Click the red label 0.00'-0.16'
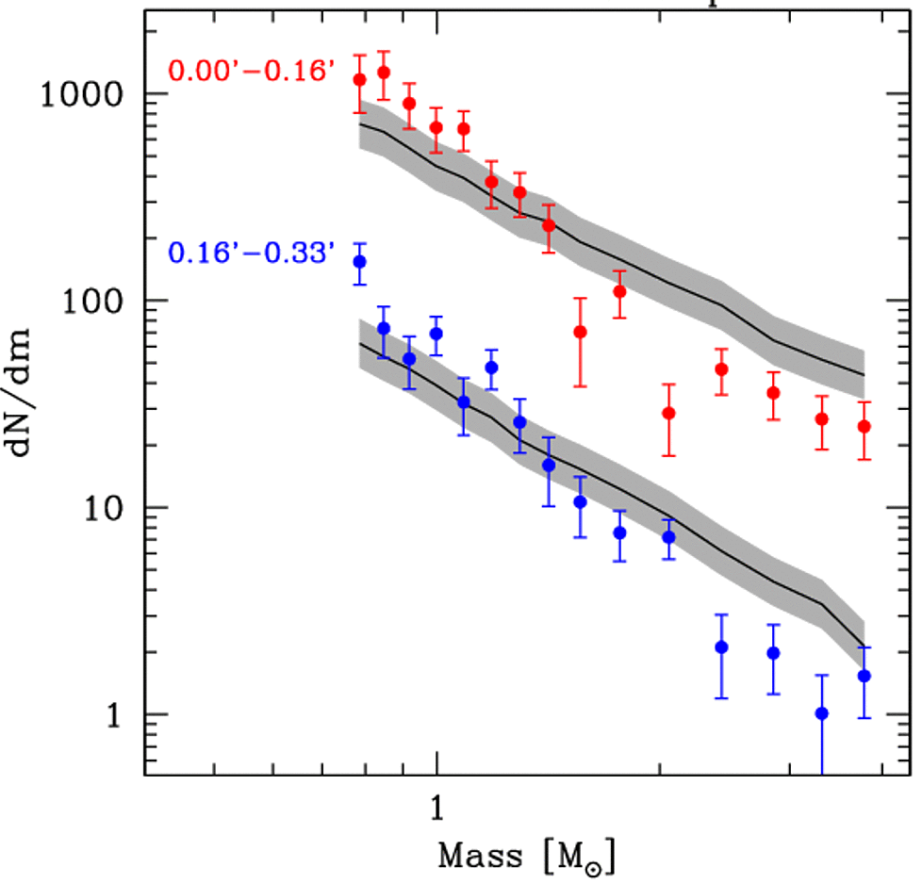(x=251, y=70)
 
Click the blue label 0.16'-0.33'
(x=251, y=252)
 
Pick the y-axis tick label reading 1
(x=116, y=714)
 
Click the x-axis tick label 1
(x=436, y=810)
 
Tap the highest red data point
(x=384, y=72)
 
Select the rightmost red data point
(x=864, y=427)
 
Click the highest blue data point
(x=359, y=261)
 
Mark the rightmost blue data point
(x=864, y=676)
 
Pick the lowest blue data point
(x=821, y=713)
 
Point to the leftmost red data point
(x=359, y=80)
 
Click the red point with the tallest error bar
(x=581, y=332)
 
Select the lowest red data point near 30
(x=668, y=413)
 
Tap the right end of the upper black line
(x=864, y=375)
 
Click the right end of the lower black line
(x=864, y=648)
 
